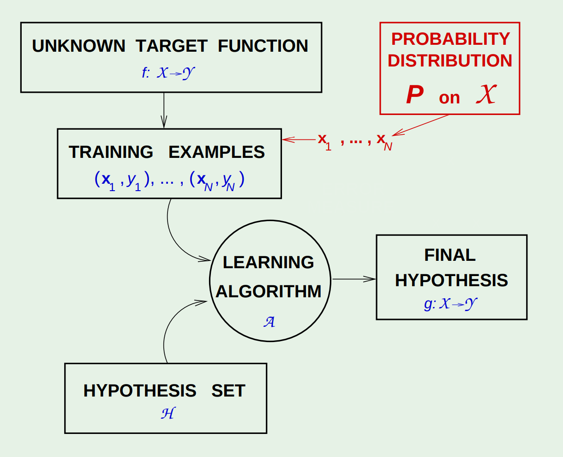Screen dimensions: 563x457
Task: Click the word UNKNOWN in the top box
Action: click(x=78, y=46)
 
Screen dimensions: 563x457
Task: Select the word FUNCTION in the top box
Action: click(x=263, y=46)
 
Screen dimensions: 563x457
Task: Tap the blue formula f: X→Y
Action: click(x=168, y=73)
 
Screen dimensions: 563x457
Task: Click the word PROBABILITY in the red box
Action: click(x=450, y=39)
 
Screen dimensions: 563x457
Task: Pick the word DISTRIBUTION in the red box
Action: click(x=450, y=61)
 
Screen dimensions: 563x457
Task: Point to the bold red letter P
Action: click(x=414, y=96)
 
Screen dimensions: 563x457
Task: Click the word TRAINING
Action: click(x=111, y=152)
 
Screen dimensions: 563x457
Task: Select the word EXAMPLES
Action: click(x=216, y=152)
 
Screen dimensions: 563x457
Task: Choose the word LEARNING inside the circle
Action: click(x=269, y=262)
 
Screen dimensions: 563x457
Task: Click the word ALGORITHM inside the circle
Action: click(x=269, y=292)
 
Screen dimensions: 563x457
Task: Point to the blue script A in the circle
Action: click(x=270, y=321)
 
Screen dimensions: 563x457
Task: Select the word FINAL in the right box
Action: click(x=450, y=255)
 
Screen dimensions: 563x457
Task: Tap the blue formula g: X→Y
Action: click(x=450, y=304)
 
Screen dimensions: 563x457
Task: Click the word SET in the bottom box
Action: click(x=228, y=391)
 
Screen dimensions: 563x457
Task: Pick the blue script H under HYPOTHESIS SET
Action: click(x=168, y=413)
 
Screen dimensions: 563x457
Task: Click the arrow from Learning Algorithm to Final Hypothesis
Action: click(x=353, y=279)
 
